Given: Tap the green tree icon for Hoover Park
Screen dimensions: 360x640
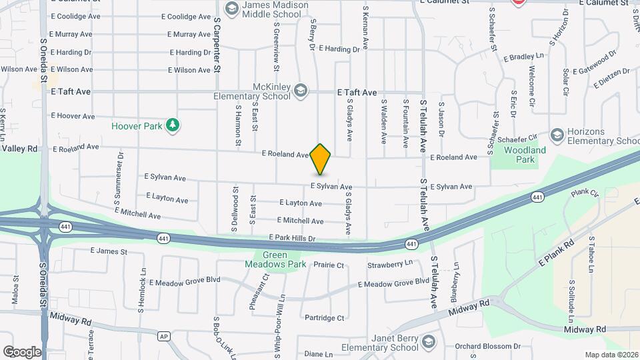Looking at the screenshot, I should [173, 124].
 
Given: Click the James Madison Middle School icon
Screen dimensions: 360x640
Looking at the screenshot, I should [231, 8].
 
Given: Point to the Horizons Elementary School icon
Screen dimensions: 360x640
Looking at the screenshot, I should [557, 135].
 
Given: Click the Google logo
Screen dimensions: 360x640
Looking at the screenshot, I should [22, 351].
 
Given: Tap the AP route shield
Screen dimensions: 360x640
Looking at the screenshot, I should [163, 337].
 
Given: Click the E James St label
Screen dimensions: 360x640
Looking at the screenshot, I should [108, 251].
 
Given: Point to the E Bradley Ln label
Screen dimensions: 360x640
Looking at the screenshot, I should [524, 58].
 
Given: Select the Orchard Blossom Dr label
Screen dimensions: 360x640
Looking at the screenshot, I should [488, 346].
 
